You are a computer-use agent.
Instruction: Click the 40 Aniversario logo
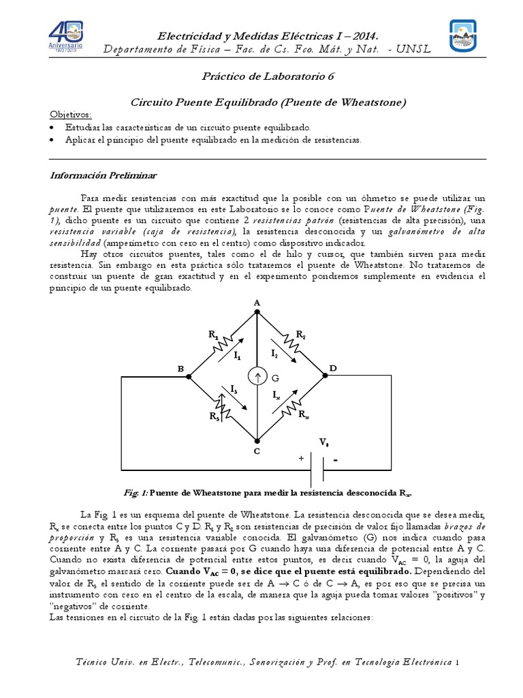(66, 38)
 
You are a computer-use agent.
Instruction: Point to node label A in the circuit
(257, 302)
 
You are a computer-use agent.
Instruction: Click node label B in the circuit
(180, 369)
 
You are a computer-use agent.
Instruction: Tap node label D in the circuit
(333, 368)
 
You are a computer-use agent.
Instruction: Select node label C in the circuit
(256, 451)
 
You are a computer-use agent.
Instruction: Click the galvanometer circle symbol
(257, 377)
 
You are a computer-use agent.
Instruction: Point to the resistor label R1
(213, 335)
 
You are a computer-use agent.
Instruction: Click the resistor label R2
(300, 334)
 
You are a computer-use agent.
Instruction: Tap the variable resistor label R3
(214, 415)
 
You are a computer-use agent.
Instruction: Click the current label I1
(237, 355)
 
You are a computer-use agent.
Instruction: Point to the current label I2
(274, 353)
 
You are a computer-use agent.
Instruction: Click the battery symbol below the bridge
(317, 469)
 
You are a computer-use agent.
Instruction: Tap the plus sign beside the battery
(300, 459)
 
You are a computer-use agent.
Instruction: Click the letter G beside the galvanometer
(275, 378)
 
